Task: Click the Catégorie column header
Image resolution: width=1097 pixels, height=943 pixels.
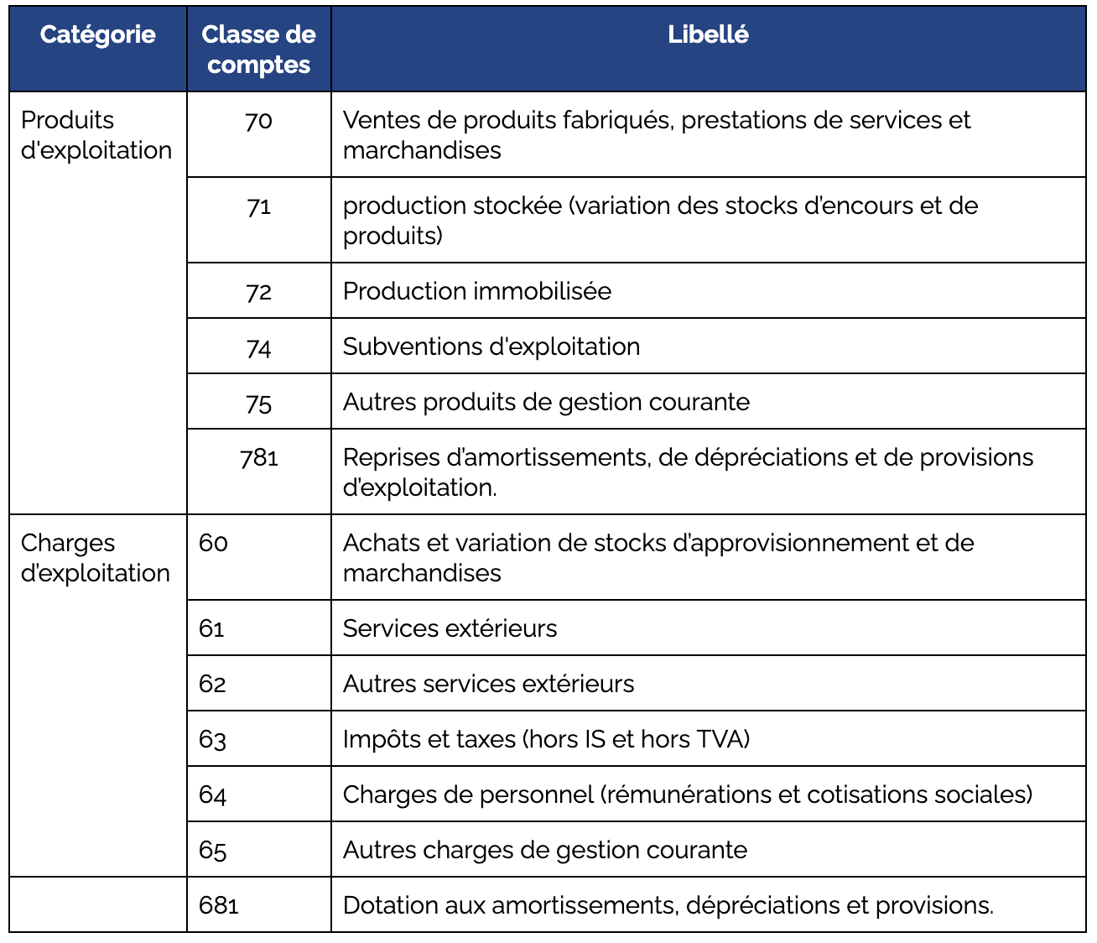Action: [x=97, y=34]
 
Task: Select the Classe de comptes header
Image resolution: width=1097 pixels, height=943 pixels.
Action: [x=258, y=49]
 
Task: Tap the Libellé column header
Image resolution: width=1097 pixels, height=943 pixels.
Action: [x=708, y=34]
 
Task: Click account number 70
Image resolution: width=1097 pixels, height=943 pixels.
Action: [x=258, y=121]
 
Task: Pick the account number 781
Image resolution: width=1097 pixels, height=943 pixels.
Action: [x=258, y=458]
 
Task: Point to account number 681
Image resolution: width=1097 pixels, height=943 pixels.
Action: [x=219, y=906]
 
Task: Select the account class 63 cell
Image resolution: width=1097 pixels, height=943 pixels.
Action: [x=213, y=740]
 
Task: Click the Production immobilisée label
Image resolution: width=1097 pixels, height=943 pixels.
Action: [x=476, y=291]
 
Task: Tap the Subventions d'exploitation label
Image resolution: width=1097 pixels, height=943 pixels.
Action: [x=491, y=346]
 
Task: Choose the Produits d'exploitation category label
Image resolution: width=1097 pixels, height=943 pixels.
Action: [x=96, y=135]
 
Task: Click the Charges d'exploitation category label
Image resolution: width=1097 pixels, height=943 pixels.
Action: [x=95, y=558]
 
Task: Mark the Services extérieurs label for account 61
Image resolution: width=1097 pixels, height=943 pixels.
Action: [x=450, y=628]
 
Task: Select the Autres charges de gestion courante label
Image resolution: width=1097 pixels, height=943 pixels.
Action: [x=544, y=850]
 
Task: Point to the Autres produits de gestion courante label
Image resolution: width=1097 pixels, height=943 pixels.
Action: [x=546, y=402]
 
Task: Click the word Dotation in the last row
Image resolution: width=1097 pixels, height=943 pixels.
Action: [x=391, y=906]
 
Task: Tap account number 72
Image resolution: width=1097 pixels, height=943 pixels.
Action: [x=258, y=292]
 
